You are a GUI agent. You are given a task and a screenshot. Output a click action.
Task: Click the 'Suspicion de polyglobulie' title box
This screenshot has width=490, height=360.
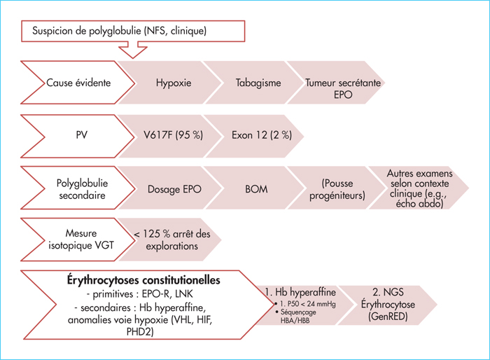click(133, 31)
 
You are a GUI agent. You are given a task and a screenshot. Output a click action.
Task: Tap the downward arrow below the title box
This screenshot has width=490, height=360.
click(133, 52)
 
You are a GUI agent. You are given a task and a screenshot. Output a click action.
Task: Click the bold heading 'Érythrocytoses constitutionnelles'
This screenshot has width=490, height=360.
click(143, 280)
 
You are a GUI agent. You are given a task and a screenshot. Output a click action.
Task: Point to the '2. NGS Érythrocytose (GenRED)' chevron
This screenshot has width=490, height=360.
click(388, 305)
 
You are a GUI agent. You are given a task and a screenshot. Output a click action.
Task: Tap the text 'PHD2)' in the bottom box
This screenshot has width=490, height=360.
click(140, 332)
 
